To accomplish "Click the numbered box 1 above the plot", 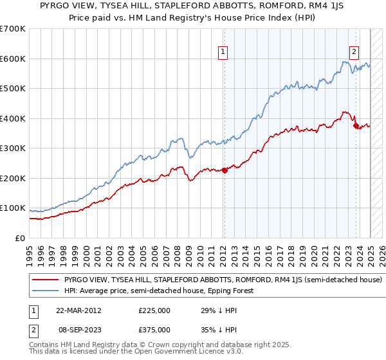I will pyautogui.click(x=223, y=53).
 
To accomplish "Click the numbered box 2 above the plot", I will pyautogui.click(x=354, y=53).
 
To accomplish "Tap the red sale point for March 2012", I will pyautogui.click(x=225, y=170).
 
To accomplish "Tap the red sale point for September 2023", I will pyautogui.click(x=356, y=126).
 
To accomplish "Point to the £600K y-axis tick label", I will pyautogui.click(x=12, y=59).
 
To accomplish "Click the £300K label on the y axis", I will pyautogui.click(x=12, y=148).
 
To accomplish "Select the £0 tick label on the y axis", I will pyautogui.click(x=20, y=238).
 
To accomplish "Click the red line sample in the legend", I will pyautogui.click(x=46, y=280).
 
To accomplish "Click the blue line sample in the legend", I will pyautogui.click(x=46, y=291).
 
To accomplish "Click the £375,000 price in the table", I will pyautogui.click(x=155, y=329).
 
